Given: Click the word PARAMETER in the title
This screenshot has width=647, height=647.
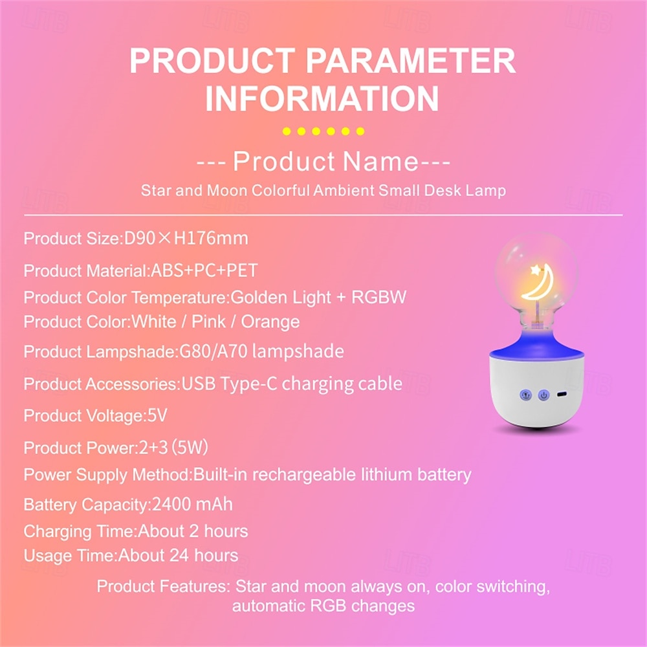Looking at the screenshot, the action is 411,60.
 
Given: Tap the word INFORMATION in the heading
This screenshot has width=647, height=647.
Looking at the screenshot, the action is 322,98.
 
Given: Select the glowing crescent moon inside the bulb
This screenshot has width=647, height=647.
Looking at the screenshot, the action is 540,284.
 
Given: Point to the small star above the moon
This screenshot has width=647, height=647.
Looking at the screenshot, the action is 536,270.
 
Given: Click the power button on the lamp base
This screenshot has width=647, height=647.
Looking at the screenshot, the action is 544,395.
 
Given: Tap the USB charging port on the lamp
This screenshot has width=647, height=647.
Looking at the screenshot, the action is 562,395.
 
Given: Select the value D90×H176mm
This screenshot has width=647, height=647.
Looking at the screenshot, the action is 186,239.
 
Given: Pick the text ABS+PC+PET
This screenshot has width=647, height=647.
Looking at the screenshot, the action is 204,270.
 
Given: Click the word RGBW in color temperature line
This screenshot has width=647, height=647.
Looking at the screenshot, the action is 378,297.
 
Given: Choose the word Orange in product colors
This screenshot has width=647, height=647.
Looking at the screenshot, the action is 270,322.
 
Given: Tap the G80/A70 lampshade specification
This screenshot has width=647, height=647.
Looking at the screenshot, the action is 261,351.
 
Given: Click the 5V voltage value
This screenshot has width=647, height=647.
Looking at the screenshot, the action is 157,415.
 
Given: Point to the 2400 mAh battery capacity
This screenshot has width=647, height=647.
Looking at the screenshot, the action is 192,505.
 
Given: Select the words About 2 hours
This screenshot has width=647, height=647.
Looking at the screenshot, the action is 193,531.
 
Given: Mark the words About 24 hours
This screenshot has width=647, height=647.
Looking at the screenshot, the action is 179,556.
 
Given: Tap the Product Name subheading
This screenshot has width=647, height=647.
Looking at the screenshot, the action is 323,161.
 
